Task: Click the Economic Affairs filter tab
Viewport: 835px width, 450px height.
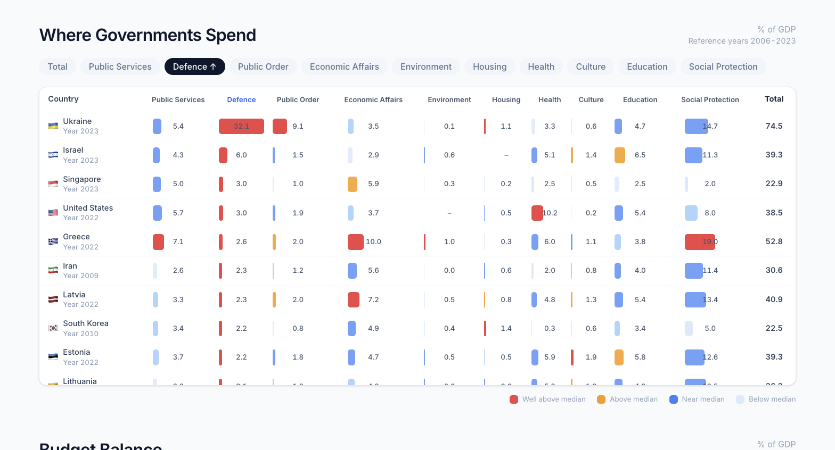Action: (x=344, y=66)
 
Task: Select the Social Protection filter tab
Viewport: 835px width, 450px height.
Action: (x=723, y=66)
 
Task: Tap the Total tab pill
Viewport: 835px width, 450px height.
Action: (x=58, y=66)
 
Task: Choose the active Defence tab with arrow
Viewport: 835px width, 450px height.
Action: (x=194, y=66)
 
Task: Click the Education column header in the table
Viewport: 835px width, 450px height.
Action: (x=640, y=99)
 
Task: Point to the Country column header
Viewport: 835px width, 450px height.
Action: (x=63, y=99)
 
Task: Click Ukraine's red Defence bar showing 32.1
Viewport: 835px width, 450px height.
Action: (x=241, y=126)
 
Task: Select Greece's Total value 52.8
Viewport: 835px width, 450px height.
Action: (x=774, y=241)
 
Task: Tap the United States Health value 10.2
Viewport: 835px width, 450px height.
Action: (x=550, y=213)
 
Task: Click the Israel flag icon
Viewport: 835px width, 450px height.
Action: (x=53, y=155)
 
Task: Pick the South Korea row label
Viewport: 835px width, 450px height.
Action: (x=85, y=323)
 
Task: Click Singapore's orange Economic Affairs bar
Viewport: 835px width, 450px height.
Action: (x=352, y=184)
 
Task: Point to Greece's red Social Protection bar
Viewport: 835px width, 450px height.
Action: (x=699, y=241)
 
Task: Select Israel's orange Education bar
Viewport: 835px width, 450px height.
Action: (x=619, y=155)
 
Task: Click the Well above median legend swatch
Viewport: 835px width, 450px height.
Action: (x=514, y=399)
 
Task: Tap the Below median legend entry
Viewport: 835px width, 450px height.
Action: (x=766, y=399)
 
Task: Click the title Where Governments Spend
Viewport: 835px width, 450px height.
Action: (x=148, y=35)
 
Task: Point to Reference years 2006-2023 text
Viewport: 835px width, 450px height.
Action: (x=741, y=41)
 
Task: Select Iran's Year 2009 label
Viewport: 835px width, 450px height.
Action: (x=80, y=276)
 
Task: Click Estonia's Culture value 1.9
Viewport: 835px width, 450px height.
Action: (x=591, y=357)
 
